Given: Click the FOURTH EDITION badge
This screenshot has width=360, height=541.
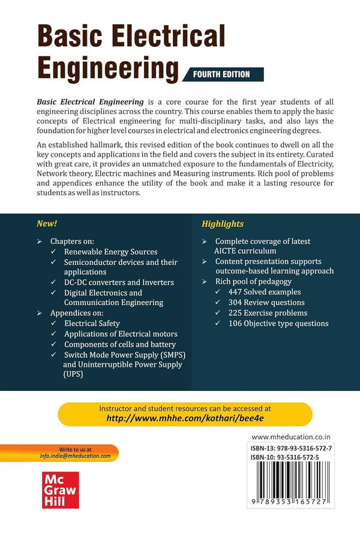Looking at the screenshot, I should pyautogui.click(x=225, y=74).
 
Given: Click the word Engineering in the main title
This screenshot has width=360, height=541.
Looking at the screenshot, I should pyautogui.click(x=108, y=70).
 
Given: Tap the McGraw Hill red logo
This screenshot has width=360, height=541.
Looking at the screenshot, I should pyautogui.click(x=60, y=487).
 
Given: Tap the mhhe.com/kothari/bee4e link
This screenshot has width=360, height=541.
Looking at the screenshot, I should pyautogui.click(x=185, y=419).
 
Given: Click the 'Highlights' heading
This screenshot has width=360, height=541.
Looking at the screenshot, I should pyautogui.click(x=222, y=223).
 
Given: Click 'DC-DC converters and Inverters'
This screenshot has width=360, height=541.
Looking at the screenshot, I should pyautogui.click(x=119, y=282).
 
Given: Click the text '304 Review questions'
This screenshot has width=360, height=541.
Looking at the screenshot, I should pyautogui.click(x=260, y=303).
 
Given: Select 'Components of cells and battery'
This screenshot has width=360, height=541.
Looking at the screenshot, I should pyautogui.click(x=121, y=343).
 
